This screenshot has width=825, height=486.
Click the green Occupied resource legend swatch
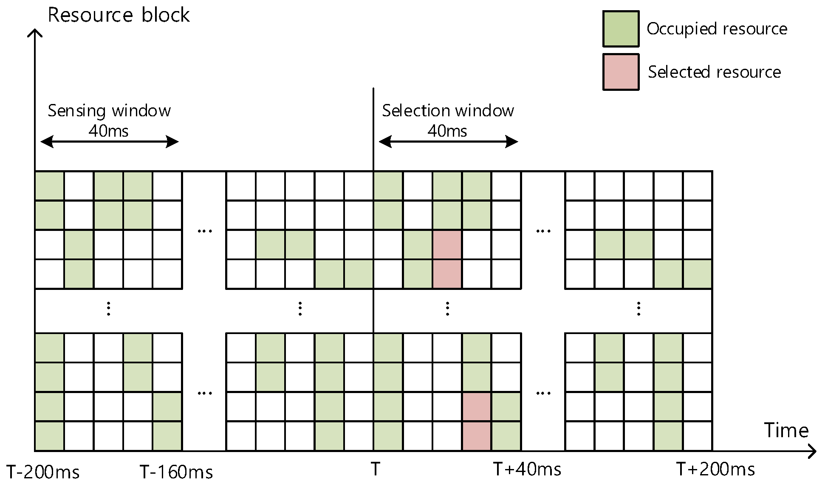pos(621,29)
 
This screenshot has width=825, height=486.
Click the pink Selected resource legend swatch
pos(621,72)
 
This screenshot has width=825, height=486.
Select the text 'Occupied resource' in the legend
pos(717,29)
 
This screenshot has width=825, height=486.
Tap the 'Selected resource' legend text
pos(714,72)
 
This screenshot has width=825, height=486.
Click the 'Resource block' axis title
pos(119,15)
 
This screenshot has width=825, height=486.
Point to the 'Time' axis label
pos(786,430)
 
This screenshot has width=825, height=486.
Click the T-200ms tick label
pos(43,472)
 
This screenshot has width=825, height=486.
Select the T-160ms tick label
pos(176,472)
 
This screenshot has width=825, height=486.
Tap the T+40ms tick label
pos(527,469)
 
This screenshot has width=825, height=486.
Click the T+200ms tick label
pos(715,469)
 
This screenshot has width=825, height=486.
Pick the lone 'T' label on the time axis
pos(375,469)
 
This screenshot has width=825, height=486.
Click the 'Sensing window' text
pos(109,111)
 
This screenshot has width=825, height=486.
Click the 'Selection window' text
pos(448,111)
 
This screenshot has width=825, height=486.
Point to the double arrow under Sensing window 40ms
pos(109,142)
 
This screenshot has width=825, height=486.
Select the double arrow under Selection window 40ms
pos(448,142)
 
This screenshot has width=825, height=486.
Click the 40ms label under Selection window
pos(447,131)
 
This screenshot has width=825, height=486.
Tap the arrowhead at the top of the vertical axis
pos(35,32)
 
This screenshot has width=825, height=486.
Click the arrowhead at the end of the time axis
pos(812,451)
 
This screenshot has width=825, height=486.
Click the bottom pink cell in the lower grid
pos(477,436)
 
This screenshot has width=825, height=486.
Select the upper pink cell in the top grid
pos(447,244)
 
